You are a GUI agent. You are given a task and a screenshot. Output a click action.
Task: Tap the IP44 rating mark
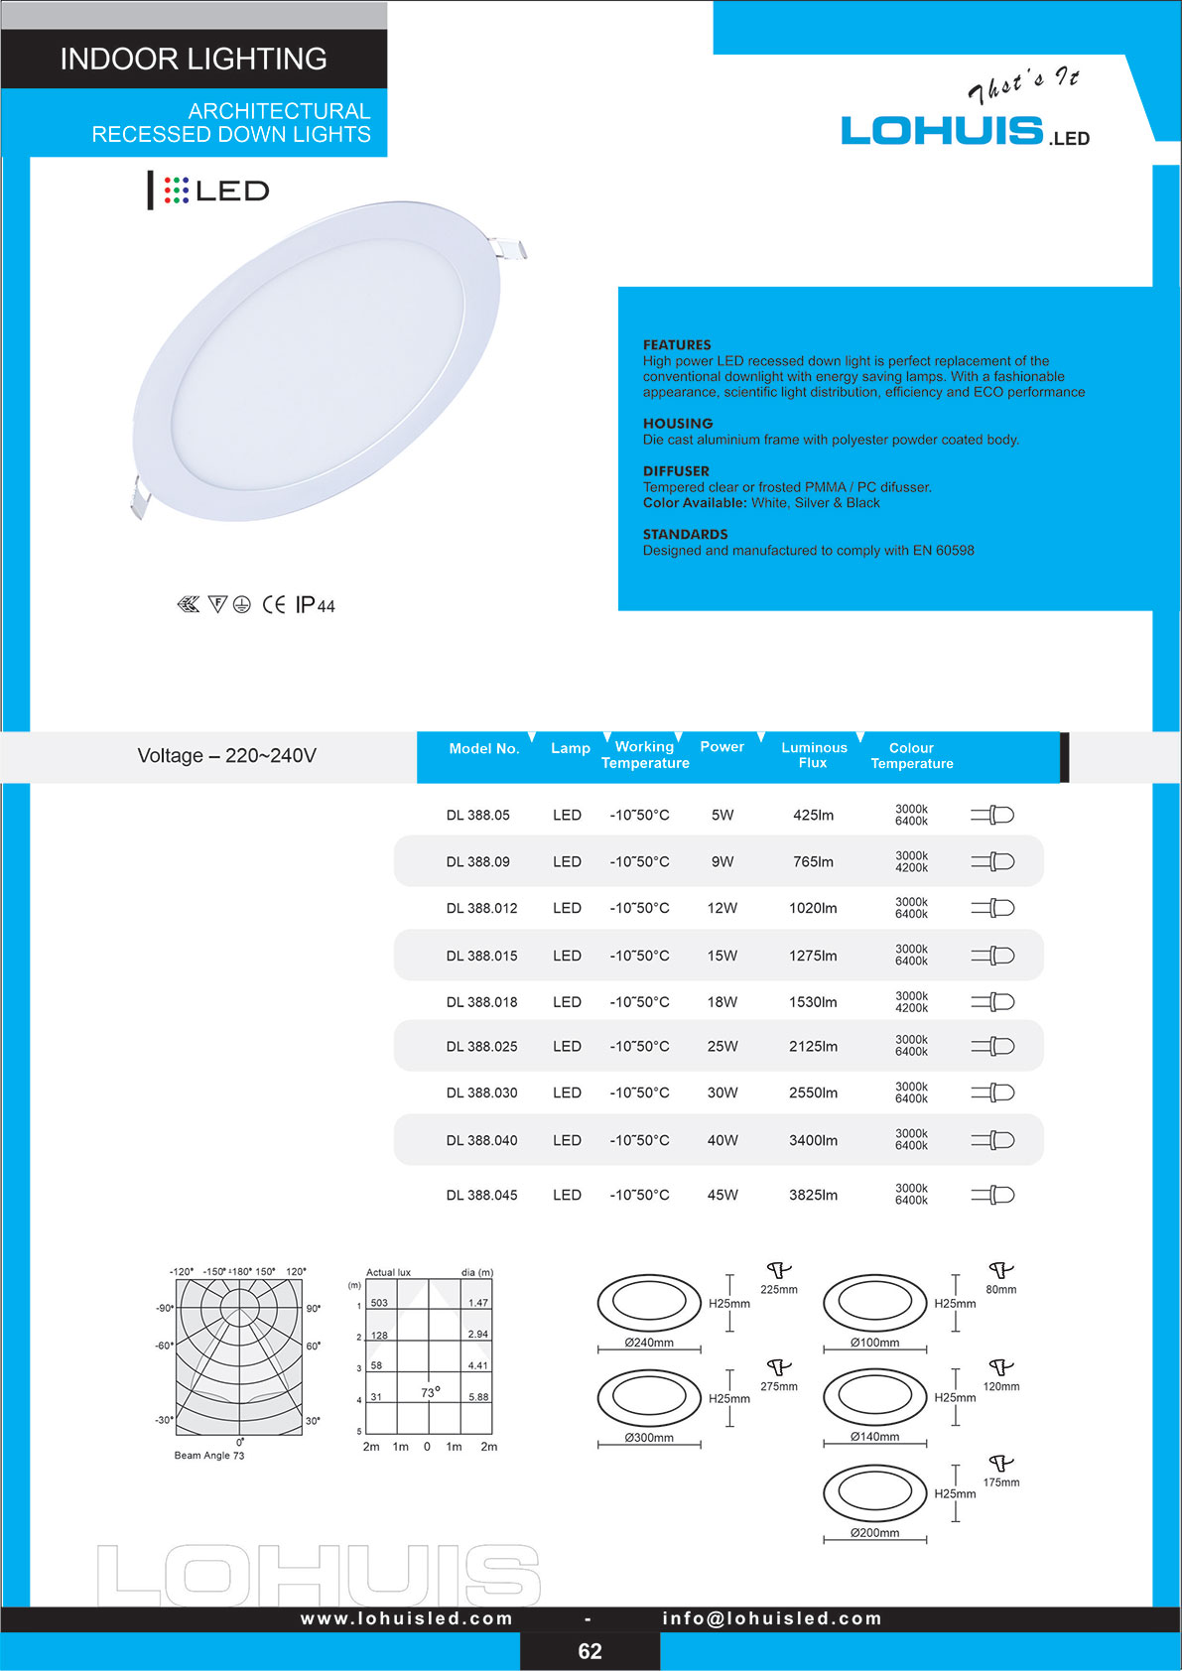click(316, 605)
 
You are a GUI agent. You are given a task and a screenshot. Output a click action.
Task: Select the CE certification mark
click(274, 605)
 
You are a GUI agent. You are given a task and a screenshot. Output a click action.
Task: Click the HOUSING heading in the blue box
click(678, 424)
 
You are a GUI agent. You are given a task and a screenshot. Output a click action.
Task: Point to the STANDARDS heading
click(685, 535)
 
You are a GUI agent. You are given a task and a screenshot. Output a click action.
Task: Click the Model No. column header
click(484, 749)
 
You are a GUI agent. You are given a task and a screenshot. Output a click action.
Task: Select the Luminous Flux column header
click(814, 755)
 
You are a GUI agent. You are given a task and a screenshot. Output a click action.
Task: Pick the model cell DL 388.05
click(477, 816)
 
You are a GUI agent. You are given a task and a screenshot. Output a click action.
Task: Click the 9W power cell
click(722, 862)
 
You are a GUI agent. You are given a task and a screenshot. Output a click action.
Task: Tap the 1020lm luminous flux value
click(813, 909)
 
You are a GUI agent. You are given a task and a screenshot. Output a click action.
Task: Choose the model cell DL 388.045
click(481, 1196)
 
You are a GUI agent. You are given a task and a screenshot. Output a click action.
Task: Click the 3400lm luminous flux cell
click(813, 1141)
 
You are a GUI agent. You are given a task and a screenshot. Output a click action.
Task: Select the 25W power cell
click(722, 1047)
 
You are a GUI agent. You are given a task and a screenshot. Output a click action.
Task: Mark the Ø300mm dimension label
click(649, 1438)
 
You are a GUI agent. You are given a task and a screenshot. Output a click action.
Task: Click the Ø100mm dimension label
click(874, 1343)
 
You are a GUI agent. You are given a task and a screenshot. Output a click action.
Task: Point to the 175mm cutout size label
click(1001, 1482)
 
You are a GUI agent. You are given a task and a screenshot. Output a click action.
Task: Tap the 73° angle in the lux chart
click(430, 1393)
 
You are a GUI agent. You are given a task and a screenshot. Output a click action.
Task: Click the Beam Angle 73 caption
click(209, 1456)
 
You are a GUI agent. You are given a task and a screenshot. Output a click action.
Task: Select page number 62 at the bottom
click(590, 1651)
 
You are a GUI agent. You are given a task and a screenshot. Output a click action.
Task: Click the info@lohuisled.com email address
click(772, 1618)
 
